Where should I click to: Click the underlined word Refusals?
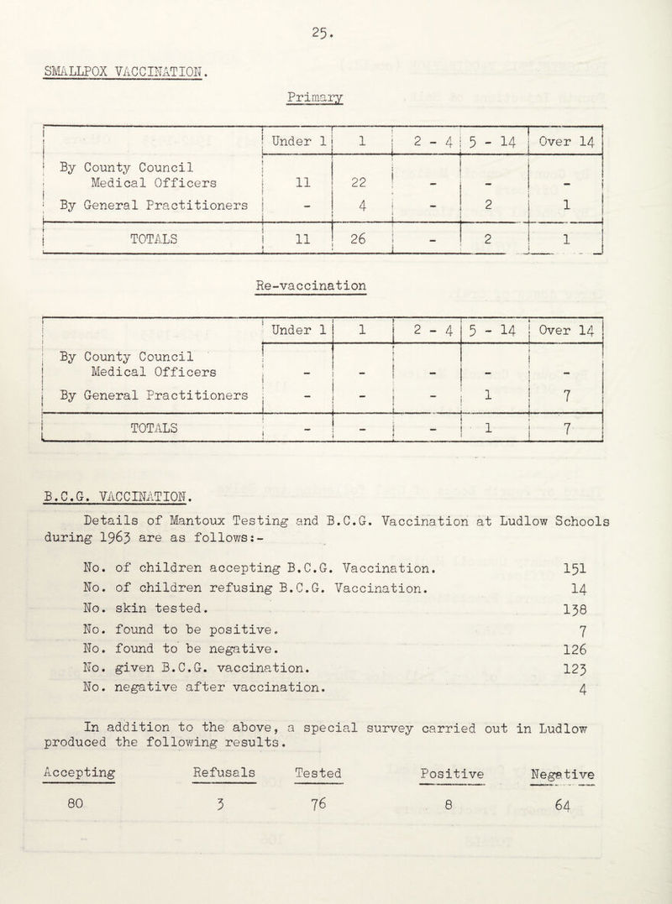pyautogui.click(x=225, y=771)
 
